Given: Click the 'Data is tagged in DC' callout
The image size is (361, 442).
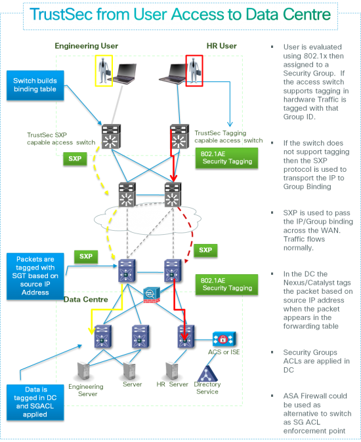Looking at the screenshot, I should pos(39,401).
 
